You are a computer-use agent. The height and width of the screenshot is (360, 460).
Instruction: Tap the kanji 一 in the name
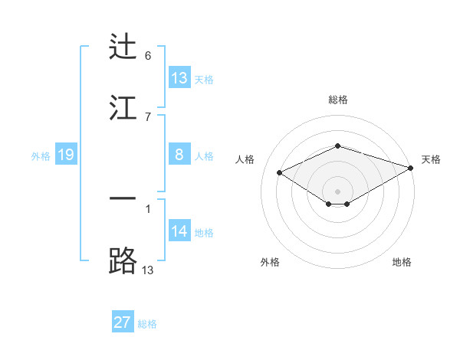123,198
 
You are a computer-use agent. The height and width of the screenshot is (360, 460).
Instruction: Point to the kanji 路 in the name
123,261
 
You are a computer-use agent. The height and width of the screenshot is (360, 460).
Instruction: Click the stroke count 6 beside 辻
147,56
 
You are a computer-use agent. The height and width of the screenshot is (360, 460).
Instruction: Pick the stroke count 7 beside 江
147,116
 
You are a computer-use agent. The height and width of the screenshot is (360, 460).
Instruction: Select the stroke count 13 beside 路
148,270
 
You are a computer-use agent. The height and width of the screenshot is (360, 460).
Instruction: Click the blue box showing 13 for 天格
179,78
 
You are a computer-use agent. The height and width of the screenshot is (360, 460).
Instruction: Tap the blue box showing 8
179,155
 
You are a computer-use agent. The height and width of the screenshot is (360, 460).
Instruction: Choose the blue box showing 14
179,231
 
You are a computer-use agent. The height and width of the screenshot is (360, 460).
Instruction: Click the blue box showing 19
65,155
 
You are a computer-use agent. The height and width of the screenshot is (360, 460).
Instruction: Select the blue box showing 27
123,322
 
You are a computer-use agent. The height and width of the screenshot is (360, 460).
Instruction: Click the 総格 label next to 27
147,324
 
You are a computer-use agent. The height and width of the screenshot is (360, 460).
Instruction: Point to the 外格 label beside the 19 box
41,156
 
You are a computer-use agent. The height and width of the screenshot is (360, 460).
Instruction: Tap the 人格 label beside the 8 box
204,156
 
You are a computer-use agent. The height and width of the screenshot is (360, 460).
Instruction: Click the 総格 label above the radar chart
338,100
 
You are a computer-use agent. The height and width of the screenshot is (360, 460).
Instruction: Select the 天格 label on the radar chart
431,159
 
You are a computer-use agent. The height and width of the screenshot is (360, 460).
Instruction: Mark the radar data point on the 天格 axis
412,168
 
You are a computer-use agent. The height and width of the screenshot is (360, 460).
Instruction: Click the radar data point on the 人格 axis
280,172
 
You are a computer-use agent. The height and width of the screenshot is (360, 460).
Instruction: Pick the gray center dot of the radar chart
338,191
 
